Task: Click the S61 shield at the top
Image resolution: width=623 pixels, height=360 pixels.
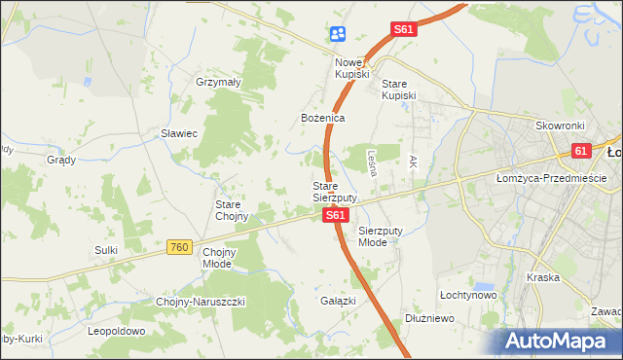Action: click(404, 30)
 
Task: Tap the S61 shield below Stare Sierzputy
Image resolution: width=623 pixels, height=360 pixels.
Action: click(334, 215)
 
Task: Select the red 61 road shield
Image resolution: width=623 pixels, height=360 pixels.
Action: click(581, 151)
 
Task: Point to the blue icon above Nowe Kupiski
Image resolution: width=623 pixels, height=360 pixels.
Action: click(337, 34)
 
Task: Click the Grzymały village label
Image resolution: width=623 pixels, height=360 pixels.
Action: click(218, 83)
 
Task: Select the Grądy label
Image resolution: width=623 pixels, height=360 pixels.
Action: click(61, 160)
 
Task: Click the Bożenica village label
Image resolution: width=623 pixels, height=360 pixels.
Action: click(322, 118)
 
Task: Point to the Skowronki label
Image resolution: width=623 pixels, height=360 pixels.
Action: click(559, 126)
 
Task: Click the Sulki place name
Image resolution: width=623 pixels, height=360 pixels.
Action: click(106, 250)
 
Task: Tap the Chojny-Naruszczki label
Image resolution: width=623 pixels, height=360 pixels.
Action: click(202, 302)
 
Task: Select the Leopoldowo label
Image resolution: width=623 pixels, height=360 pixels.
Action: click(116, 331)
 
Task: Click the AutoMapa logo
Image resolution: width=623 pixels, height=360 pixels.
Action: click(558, 341)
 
